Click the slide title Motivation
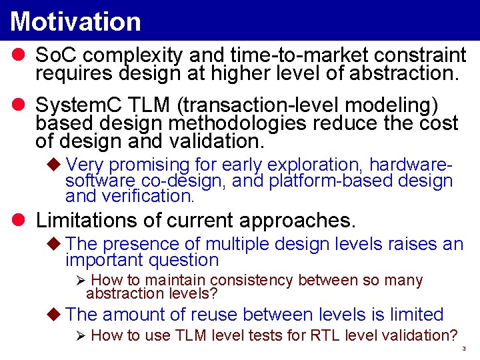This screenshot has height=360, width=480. tap(75, 21)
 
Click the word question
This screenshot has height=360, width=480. tap(184, 260)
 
